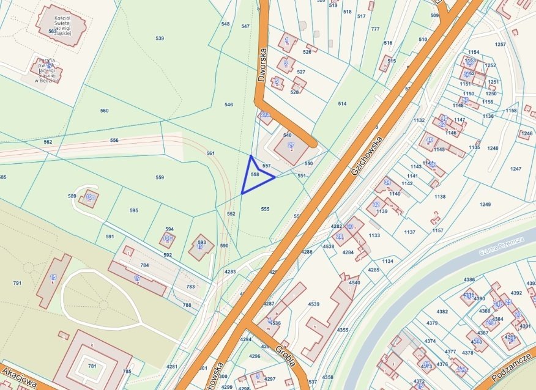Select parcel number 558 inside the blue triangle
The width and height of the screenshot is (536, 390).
[255, 174]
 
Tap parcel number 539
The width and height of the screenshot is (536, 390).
[160, 39]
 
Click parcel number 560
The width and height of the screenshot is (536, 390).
[104, 111]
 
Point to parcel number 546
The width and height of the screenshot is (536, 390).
[228, 105]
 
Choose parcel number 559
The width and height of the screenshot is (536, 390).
[160, 177]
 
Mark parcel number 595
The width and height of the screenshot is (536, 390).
[133, 210]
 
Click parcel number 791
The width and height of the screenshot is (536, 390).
[17, 283]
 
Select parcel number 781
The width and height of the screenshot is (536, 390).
[92, 366]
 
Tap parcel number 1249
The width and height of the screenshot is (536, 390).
[485, 204]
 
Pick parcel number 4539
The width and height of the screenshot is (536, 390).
[314, 304]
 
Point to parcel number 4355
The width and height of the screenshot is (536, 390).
[343, 330]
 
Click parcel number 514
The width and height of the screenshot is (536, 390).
[342, 104]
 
